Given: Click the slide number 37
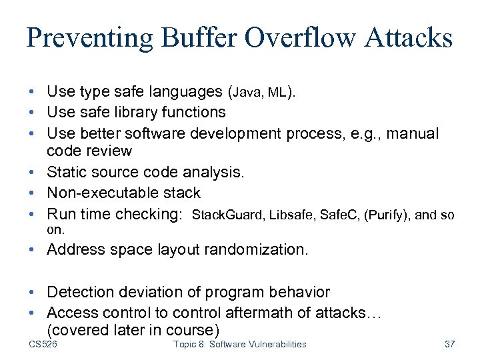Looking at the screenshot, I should (449, 344).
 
